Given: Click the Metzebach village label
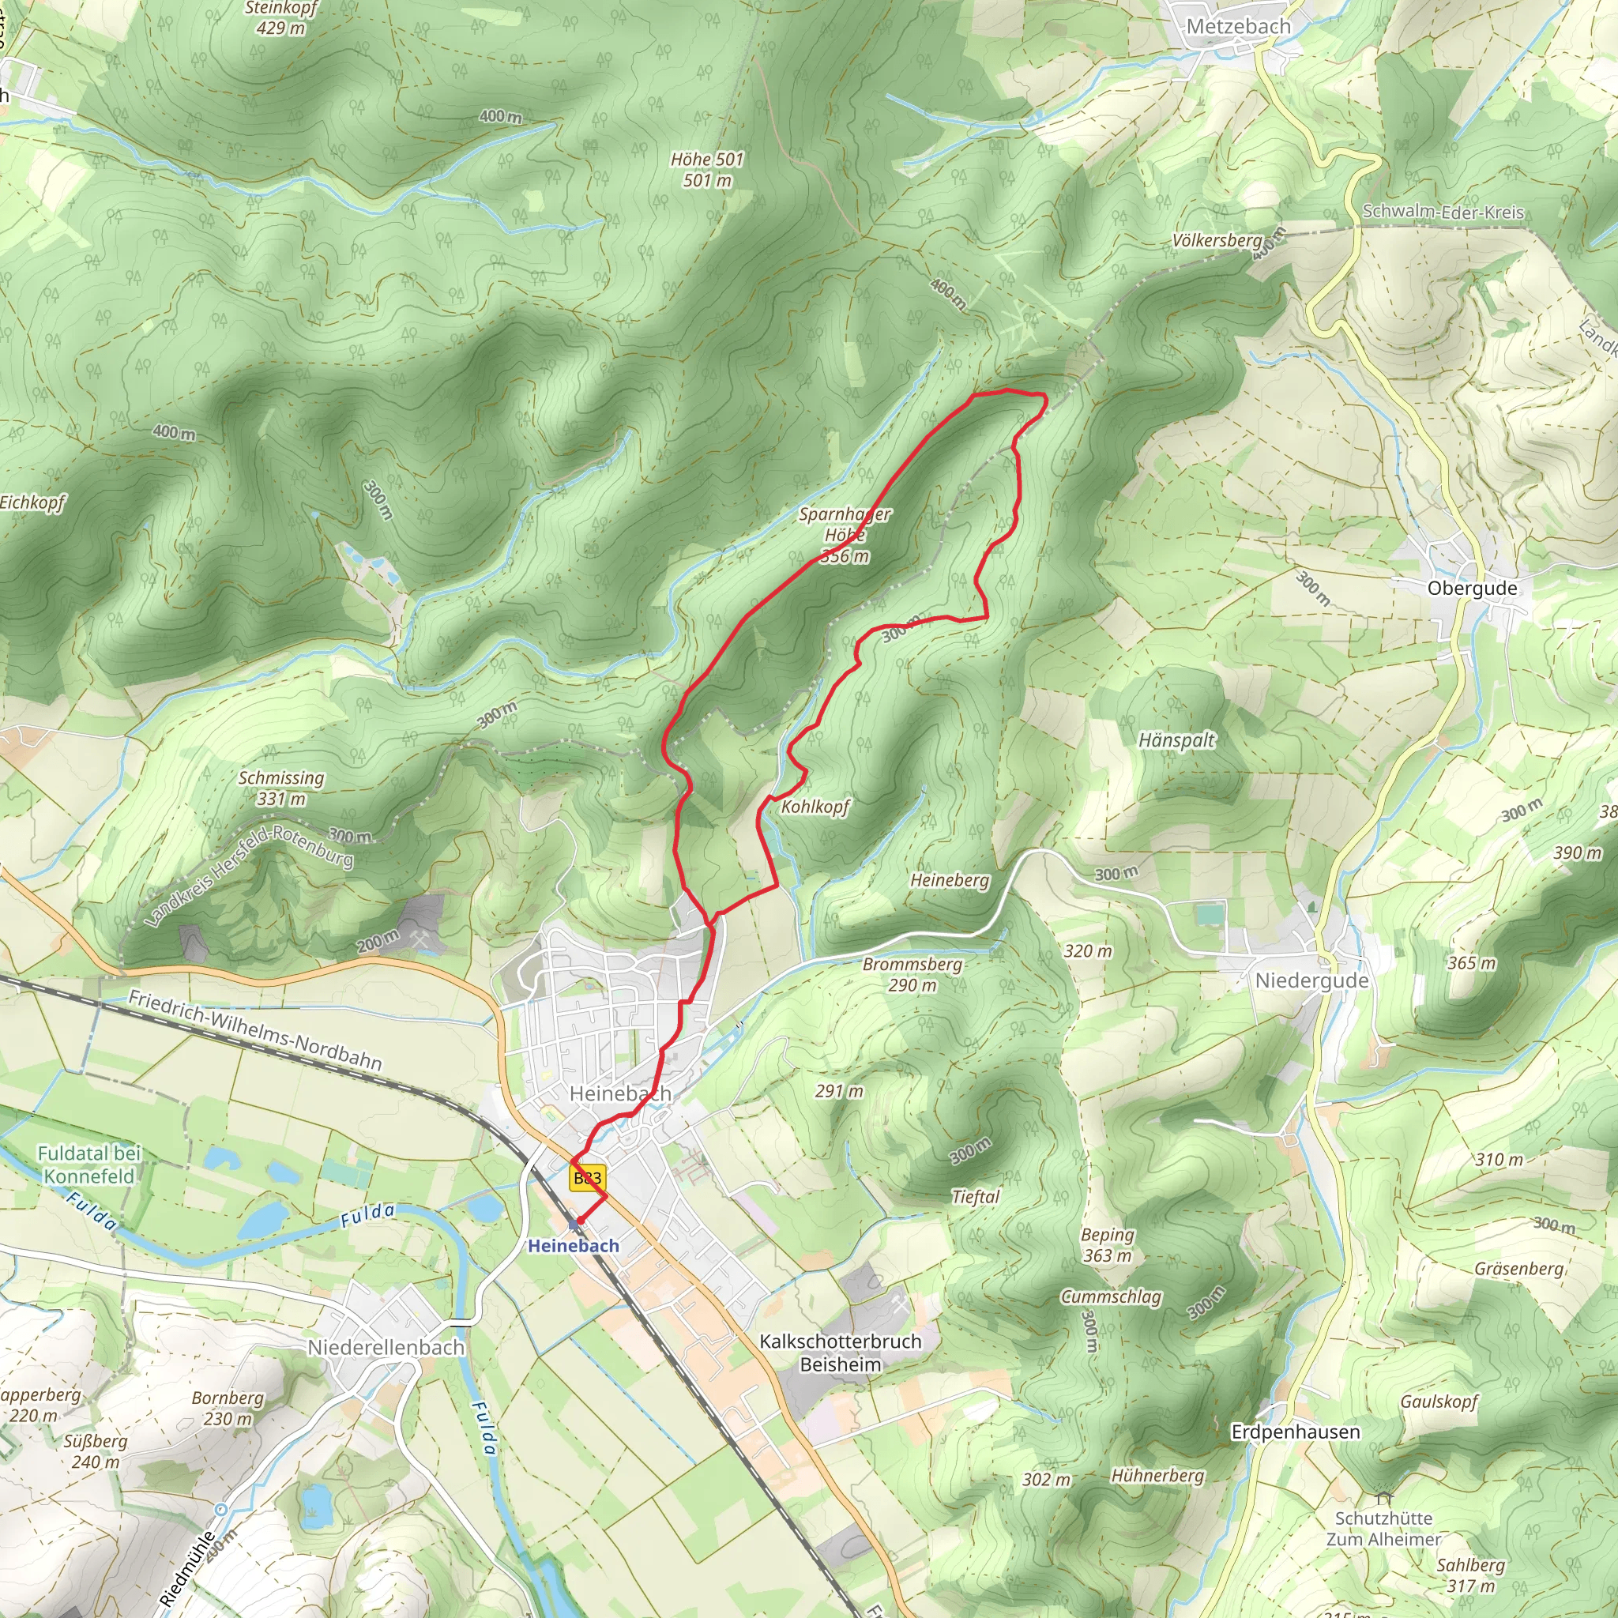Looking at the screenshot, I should [x=1239, y=27].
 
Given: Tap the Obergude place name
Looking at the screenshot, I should [x=1471, y=588].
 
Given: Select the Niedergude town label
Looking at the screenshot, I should [x=1311, y=980].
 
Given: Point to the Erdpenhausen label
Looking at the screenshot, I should [x=1296, y=1432].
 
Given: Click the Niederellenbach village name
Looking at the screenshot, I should [x=386, y=1347].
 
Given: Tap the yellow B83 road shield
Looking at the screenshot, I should [x=587, y=1178].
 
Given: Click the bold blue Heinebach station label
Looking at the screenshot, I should [x=574, y=1246].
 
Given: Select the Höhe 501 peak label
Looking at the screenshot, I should [x=708, y=169].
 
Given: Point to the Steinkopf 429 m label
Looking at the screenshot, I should [x=281, y=17].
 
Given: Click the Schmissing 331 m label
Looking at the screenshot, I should [x=281, y=788].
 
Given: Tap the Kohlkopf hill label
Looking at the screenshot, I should [x=815, y=807].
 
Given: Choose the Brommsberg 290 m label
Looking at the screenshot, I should [x=912, y=975].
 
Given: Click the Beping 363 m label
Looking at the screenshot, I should [x=1107, y=1244].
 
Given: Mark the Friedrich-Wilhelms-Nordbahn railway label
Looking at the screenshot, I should [x=255, y=1030].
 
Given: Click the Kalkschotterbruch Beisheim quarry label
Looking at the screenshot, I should [x=840, y=1353].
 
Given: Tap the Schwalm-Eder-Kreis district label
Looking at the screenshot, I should [x=1443, y=212].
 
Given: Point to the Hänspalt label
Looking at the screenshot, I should [x=1176, y=740].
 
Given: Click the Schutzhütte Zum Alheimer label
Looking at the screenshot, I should [x=1383, y=1529].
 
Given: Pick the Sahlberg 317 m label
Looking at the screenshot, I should [x=1470, y=1575].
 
